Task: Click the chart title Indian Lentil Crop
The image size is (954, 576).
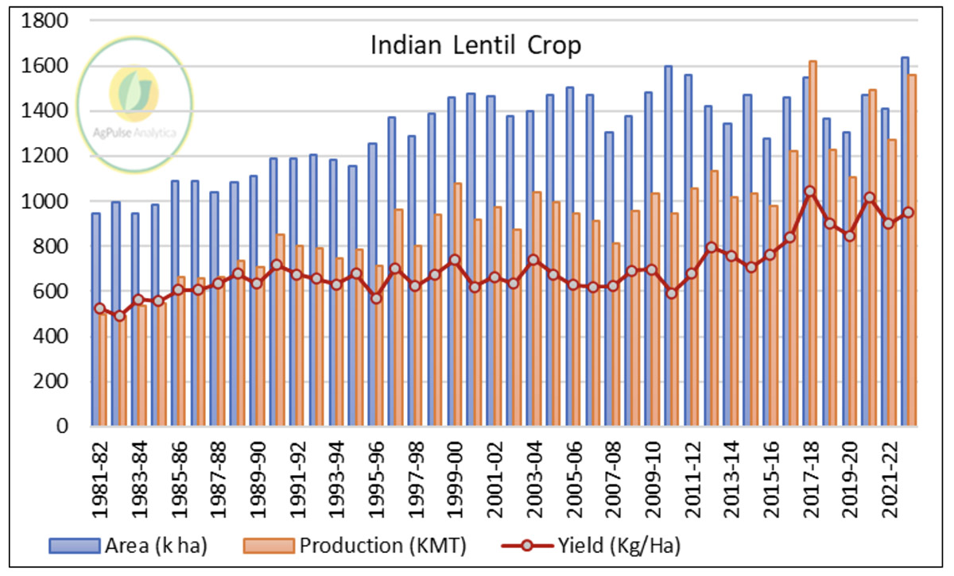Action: click(x=476, y=45)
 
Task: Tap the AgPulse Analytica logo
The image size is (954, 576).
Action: click(x=136, y=95)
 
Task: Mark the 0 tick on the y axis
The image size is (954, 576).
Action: click(x=67, y=427)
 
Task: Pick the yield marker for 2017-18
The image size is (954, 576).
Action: click(x=810, y=191)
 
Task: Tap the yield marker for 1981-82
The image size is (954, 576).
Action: click(x=99, y=308)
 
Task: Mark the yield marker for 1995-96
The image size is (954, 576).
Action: click(x=375, y=298)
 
